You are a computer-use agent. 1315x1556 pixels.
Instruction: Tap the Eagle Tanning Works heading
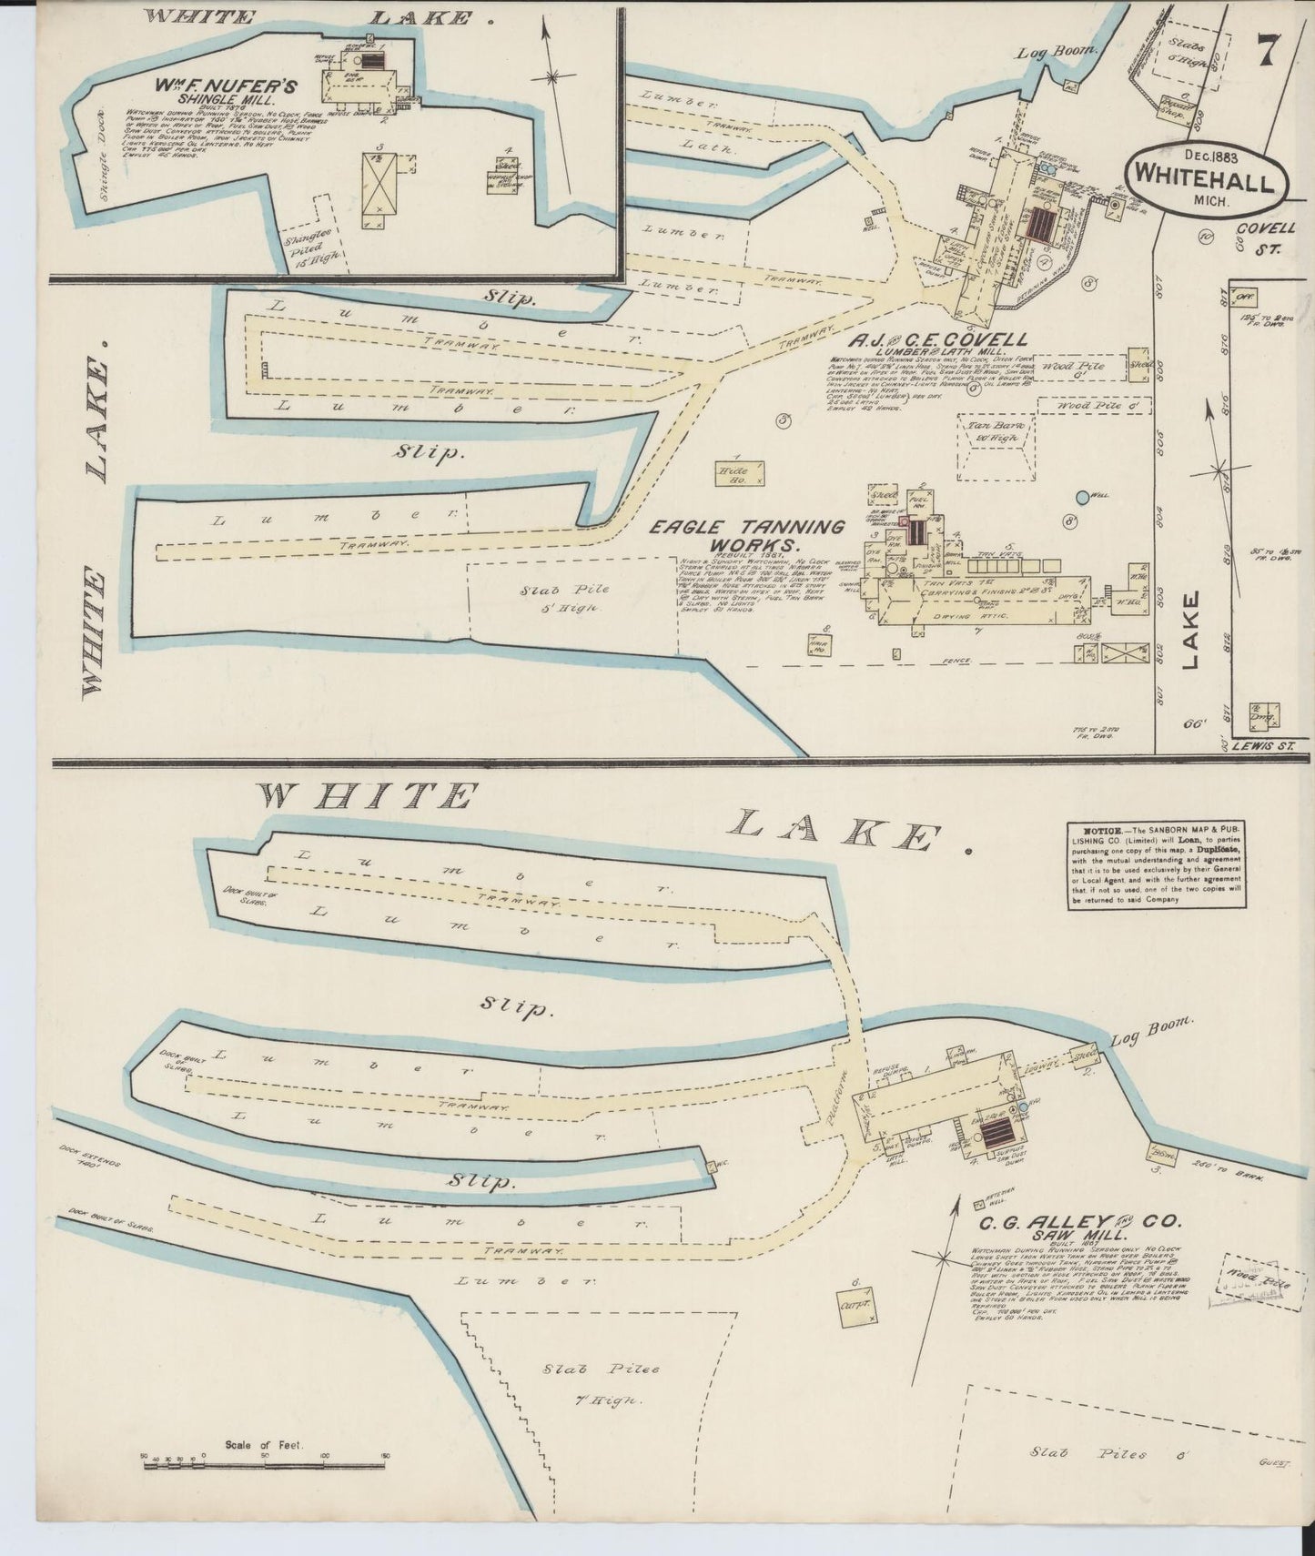pyautogui.click(x=746, y=535)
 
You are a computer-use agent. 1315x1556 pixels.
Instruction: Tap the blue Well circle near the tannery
pyautogui.click(x=1081, y=497)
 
